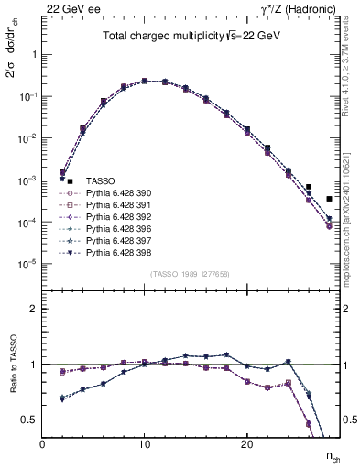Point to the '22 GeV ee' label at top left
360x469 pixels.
[x=66, y=8]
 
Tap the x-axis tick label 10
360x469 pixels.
[x=144, y=443]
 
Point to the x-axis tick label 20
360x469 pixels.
[x=246, y=443]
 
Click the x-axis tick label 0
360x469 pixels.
[x=42, y=443]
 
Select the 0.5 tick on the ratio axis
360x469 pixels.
[x=30, y=420]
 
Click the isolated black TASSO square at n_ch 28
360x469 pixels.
[x=329, y=199]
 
